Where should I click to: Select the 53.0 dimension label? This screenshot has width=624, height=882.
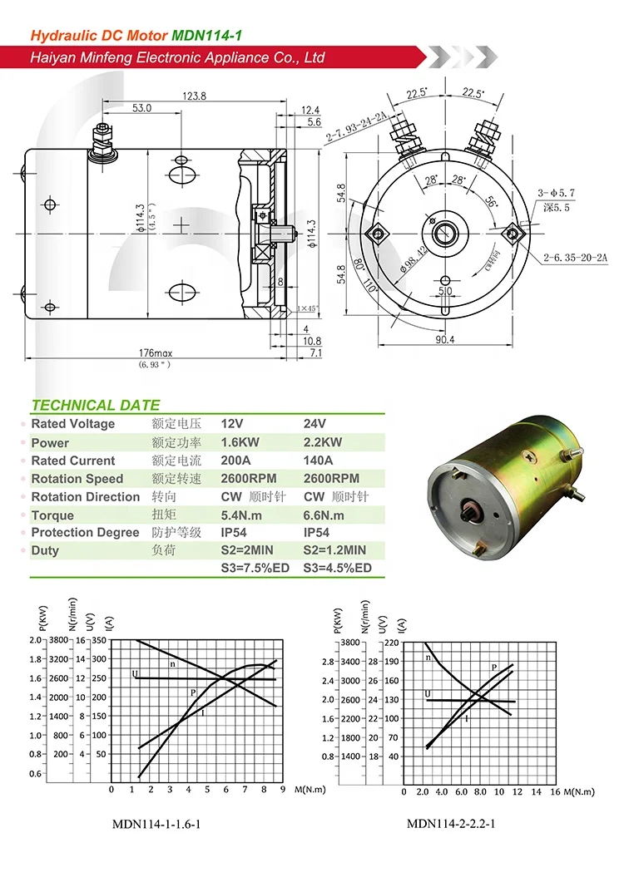coord(141,108)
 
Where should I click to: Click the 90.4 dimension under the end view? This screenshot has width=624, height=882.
coord(445,339)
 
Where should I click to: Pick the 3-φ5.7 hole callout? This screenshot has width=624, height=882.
coord(557,193)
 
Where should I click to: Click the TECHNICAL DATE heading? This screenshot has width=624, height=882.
coord(95,406)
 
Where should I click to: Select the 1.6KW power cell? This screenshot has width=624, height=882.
coord(240,442)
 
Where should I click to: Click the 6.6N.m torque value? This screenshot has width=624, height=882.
coord(324,515)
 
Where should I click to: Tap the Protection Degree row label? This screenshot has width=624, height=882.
coord(85,533)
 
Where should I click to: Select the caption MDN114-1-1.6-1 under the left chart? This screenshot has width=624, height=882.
coord(156,825)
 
